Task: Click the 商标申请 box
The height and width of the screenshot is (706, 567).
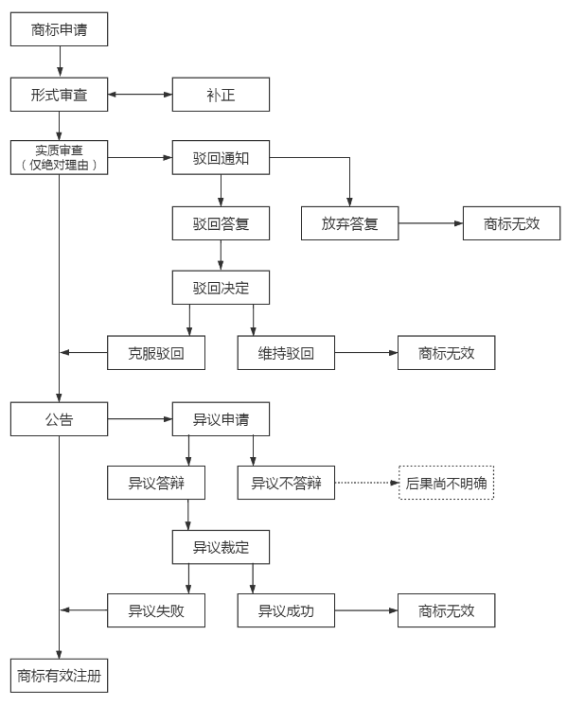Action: pos(59,29)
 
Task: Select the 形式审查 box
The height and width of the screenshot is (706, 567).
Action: pos(59,95)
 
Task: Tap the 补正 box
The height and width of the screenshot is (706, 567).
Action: pos(221,95)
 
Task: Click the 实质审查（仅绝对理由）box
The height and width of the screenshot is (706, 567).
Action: pos(59,158)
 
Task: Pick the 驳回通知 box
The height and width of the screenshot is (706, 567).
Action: pos(221,158)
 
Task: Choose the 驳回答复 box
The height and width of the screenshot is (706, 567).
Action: pos(221,223)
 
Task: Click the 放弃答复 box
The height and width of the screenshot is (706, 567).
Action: pos(350,223)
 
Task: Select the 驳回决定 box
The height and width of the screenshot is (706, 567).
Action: pos(221,288)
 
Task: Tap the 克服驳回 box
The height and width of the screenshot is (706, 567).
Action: pos(156,353)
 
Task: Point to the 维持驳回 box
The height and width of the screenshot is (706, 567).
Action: pos(286,353)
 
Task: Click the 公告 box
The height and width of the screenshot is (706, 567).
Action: pos(59,419)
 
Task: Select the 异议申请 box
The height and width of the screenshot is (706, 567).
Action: pos(221,419)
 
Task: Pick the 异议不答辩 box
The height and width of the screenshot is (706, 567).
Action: pos(286,483)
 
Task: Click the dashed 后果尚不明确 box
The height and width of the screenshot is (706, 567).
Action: pos(446,483)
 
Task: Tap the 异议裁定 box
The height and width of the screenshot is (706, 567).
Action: pos(221,547)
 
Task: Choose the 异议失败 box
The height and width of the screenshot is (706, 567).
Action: pos(156,610)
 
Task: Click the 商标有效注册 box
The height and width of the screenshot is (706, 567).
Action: pos(59,676)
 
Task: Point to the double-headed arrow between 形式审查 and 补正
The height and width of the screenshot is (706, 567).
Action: pos(140,95)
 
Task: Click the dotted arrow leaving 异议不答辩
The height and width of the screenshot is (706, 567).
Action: pos(367,483)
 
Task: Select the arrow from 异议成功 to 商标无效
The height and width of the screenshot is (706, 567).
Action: pos(366,610)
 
